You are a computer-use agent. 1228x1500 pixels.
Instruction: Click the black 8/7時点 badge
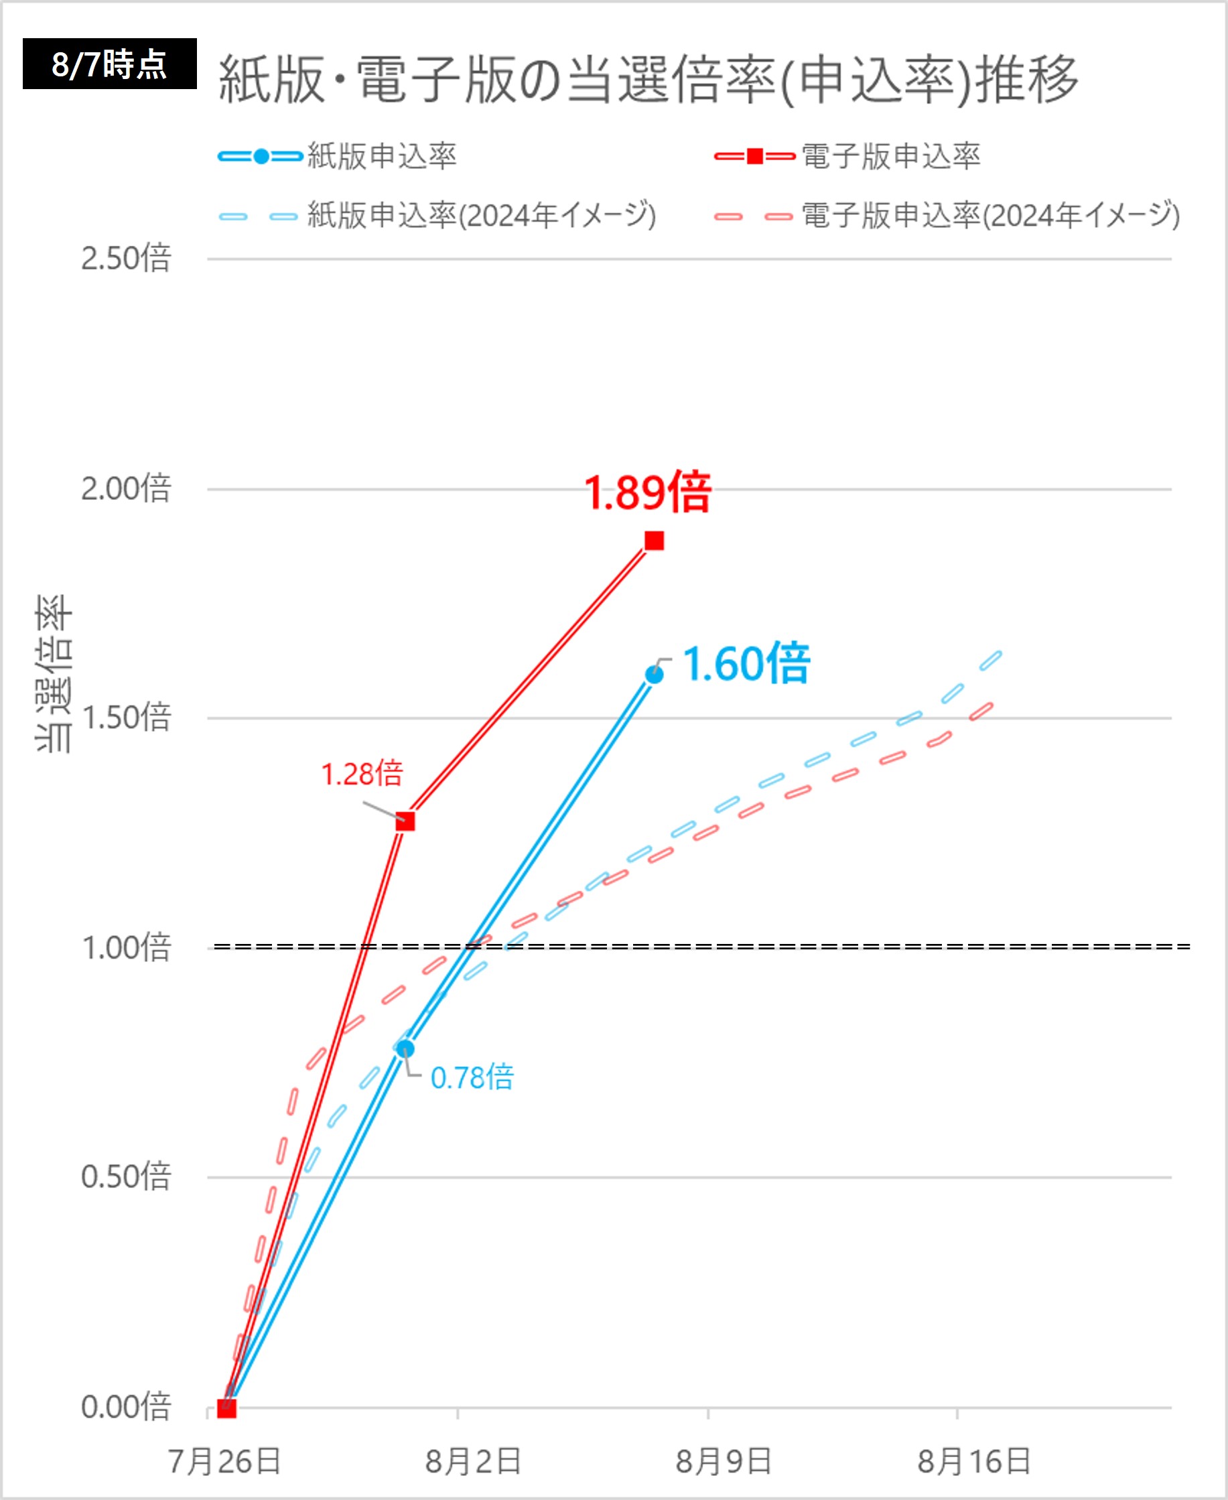110,64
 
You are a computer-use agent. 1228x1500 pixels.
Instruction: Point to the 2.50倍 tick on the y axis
126,259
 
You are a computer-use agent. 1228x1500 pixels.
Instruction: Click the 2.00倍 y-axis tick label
126,488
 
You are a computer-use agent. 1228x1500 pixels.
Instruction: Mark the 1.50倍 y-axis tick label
126,718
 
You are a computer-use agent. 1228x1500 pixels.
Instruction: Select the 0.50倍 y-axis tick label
126,1177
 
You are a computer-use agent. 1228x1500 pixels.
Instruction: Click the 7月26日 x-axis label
225,1462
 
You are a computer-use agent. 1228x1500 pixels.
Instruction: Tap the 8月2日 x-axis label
473,1462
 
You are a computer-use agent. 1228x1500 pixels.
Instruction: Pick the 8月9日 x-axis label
723,1462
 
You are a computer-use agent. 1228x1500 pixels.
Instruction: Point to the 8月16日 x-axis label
973,1462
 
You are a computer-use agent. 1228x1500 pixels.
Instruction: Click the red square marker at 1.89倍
655,541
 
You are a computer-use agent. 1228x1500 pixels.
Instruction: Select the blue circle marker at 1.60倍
655,675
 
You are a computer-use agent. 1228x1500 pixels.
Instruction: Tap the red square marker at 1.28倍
405,821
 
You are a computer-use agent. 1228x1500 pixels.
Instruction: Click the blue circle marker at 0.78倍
405,1048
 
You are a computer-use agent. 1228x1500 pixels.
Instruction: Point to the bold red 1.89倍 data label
647,493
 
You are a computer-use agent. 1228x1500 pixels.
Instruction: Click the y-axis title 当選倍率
54,673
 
